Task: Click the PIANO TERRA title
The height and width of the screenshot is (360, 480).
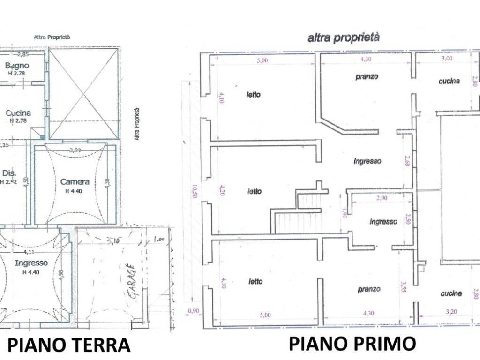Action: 69,345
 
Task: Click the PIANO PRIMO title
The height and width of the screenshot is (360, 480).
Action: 352,344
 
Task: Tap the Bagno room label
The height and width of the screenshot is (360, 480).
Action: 17,66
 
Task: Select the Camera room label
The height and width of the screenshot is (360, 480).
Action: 75,181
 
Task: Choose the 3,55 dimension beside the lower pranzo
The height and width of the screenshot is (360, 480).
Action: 404,286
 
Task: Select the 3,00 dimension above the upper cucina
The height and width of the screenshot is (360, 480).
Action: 447,59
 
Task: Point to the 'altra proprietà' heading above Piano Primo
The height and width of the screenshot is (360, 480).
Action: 343,38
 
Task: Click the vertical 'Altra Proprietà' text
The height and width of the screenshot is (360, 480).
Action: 137,124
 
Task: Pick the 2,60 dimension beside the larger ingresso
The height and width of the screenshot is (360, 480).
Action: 407,162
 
